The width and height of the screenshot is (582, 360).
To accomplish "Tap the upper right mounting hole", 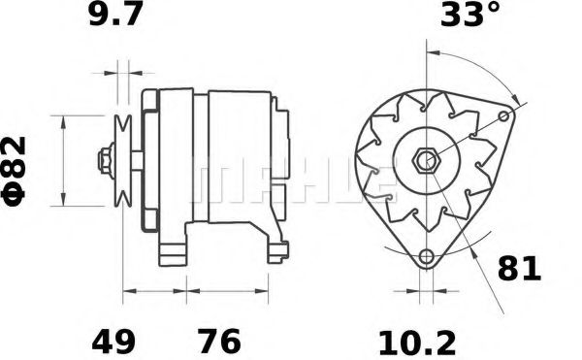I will coord(503,117).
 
